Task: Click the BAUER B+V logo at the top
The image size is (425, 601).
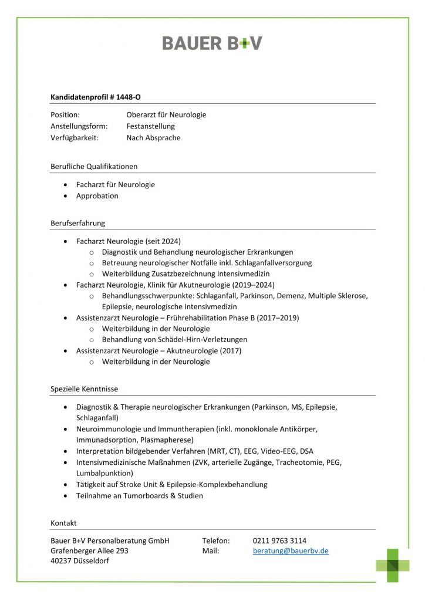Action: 212,43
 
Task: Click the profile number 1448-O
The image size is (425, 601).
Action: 129,96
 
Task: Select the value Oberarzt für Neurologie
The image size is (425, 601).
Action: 166,115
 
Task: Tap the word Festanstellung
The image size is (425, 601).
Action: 150,126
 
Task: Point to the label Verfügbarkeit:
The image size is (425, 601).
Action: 75,138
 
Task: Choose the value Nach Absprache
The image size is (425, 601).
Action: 153,138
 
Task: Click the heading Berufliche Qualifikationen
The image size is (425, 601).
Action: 94,166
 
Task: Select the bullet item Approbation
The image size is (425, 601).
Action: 97,196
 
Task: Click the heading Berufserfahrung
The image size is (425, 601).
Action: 77,223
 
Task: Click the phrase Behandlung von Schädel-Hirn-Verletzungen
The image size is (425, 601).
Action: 174,339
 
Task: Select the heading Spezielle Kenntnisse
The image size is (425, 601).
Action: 84,389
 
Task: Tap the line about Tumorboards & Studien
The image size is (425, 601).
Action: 139,496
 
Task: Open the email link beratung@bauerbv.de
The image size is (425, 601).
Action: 291,551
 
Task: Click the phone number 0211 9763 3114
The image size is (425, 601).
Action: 279,541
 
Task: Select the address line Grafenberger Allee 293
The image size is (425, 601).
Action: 89,551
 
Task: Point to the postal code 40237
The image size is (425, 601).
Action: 62,561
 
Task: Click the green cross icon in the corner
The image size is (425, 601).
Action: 392,565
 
